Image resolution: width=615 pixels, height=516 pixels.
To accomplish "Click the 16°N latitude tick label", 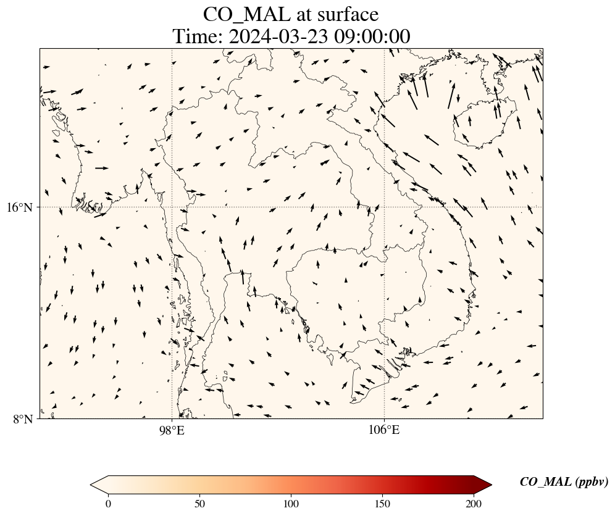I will tap(19, 207).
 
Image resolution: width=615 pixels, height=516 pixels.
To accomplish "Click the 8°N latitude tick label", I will tap(22, 419).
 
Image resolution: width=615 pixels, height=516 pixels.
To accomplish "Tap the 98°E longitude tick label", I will tap(172, 430).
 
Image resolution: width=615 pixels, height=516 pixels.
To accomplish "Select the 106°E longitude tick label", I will tap(384, 430).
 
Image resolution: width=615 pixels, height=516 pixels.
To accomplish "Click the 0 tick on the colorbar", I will tap(109, 503).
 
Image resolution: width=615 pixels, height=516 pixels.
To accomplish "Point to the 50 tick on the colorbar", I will tap(199, 503).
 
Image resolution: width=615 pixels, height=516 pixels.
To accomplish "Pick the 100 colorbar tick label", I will tap(291, 503).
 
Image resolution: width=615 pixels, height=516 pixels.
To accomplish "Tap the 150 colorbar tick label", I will tap(383, 503).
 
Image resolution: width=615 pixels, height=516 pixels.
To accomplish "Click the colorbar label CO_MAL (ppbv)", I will tap(564, 482).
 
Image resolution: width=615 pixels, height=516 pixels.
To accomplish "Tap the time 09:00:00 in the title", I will tap(372, 37).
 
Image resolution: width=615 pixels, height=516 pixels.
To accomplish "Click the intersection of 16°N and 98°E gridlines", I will tap(172, 207).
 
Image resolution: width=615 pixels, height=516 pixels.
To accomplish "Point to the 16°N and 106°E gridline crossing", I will tap(384, 207).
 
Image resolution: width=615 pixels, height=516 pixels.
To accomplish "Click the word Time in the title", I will tap(196, 37).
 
